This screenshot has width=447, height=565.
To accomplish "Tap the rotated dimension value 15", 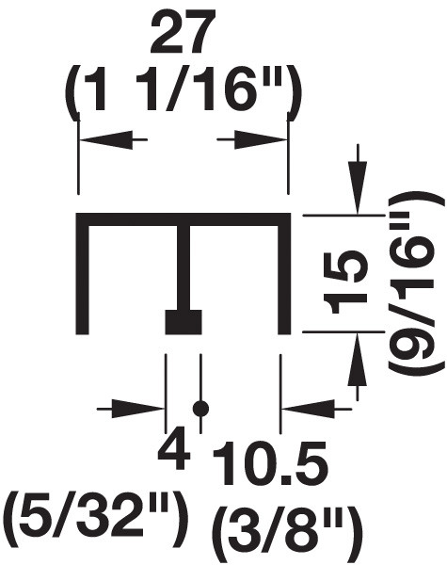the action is tap(346, 282).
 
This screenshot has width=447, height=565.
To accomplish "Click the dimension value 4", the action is tap(174, 447).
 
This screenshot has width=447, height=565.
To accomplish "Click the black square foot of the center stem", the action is tap(184, 322).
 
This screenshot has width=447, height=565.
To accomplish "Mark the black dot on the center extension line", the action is tap(200, 409).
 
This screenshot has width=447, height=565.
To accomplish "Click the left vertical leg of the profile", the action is tap(82, 274).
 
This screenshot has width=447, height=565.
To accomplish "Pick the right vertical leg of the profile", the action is tap(284, 274).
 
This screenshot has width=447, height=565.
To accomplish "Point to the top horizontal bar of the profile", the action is tap(184, 219).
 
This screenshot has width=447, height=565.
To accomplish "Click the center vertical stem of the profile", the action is tap(184, 267).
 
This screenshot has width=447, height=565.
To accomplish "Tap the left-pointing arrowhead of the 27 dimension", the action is tap(104, 139).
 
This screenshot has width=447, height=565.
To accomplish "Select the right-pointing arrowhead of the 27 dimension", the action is tap(261, 139).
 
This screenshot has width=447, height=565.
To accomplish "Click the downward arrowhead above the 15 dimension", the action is tap(358, 187).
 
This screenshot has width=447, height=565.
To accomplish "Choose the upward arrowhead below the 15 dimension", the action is tap(358, 359).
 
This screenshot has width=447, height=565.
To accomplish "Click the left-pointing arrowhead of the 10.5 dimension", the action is tap(308, 409).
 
